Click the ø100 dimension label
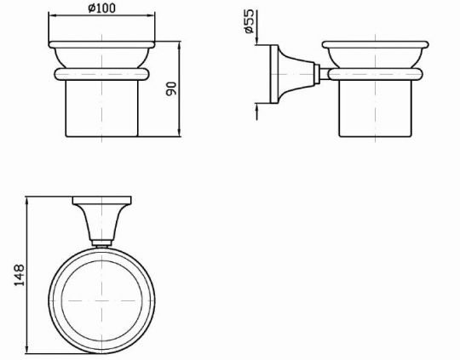point(102,8)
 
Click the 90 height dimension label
point(171,89)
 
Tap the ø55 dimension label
point(249,21)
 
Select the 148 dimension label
point(20,275)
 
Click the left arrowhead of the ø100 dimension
point(52,14)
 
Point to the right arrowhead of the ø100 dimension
point(151,14)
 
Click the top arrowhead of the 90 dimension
point(180,45)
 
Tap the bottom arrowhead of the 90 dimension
point(180,132)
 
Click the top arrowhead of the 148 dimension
point(27,201)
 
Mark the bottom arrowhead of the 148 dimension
point(27,349)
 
